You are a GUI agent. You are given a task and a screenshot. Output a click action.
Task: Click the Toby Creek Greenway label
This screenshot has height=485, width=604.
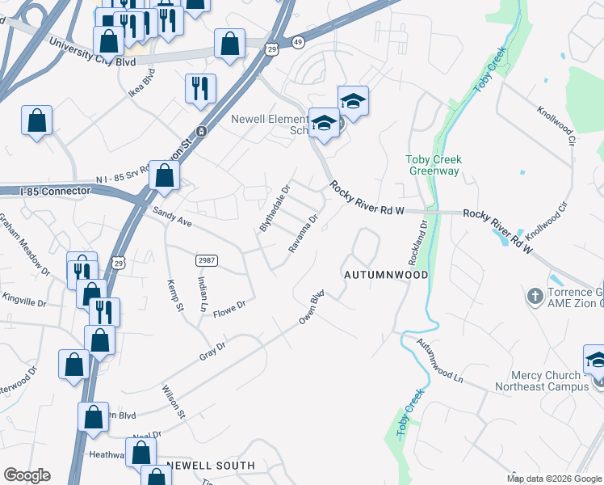click(x=433, y=165)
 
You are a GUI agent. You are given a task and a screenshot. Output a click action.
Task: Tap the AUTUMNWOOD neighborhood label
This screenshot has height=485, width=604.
click(x=384, y=275)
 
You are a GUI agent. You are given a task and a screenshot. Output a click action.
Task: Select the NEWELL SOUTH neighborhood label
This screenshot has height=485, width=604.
click(x=210, y=466)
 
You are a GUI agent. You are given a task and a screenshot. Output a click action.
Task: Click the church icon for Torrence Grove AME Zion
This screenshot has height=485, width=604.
click(x=535, y=297)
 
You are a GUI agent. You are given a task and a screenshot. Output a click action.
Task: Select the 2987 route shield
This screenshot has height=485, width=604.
click(x=207, y=259)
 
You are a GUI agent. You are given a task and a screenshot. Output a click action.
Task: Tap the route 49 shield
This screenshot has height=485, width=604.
click(x=297, y=40)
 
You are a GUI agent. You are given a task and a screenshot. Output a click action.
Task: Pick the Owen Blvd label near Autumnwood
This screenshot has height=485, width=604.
click(x=312, y=307)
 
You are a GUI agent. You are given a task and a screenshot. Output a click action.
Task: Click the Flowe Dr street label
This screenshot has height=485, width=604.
click(x=229, y=308)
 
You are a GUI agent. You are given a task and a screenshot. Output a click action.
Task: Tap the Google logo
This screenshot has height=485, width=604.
click(x=27, y=475)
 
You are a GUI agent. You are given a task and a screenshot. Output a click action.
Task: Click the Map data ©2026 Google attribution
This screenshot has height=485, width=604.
click(x=554, y=479)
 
